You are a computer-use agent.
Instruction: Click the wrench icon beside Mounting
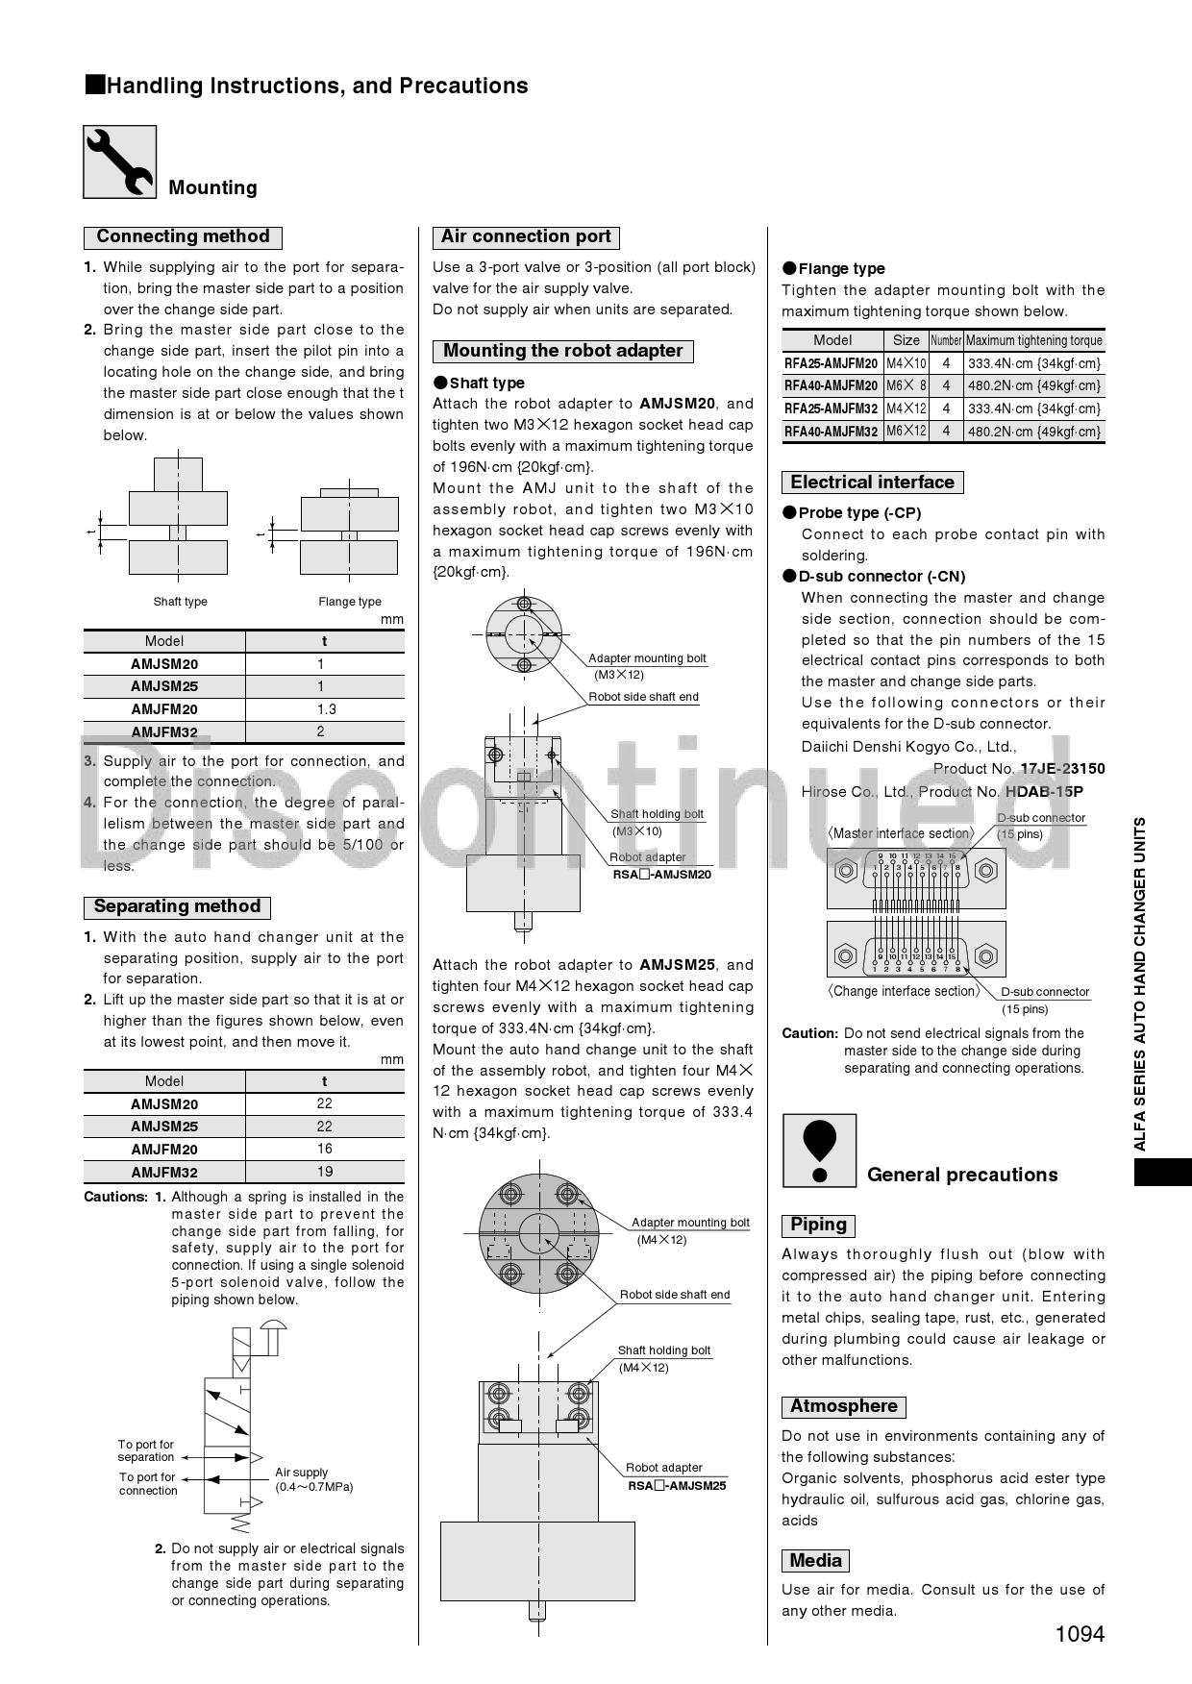click(119, 162)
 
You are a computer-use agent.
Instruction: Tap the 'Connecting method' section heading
click(183, 237)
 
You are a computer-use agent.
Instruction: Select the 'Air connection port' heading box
click(526, 237)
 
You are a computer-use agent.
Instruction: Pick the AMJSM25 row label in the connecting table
click(164, 686)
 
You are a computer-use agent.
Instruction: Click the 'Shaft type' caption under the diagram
click(181, 602)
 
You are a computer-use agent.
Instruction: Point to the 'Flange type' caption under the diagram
click(350, 602)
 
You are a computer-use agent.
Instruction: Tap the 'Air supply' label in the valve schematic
click(302, 1473)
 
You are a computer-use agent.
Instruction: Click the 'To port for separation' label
click(146, 1450)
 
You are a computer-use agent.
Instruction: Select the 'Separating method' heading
click(177, 907)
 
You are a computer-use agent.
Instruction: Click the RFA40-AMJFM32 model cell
click(832, 432)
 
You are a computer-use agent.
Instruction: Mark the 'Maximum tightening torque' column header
click(1033, 340)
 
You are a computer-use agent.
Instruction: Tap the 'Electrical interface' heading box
click(873, 483)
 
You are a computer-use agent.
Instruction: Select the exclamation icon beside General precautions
click(819, 1151)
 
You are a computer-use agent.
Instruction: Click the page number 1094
click(1080, 1634)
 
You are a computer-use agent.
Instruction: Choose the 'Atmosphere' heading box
click(844, 1407)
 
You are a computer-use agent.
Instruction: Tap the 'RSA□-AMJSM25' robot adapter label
click(677, 1486)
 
